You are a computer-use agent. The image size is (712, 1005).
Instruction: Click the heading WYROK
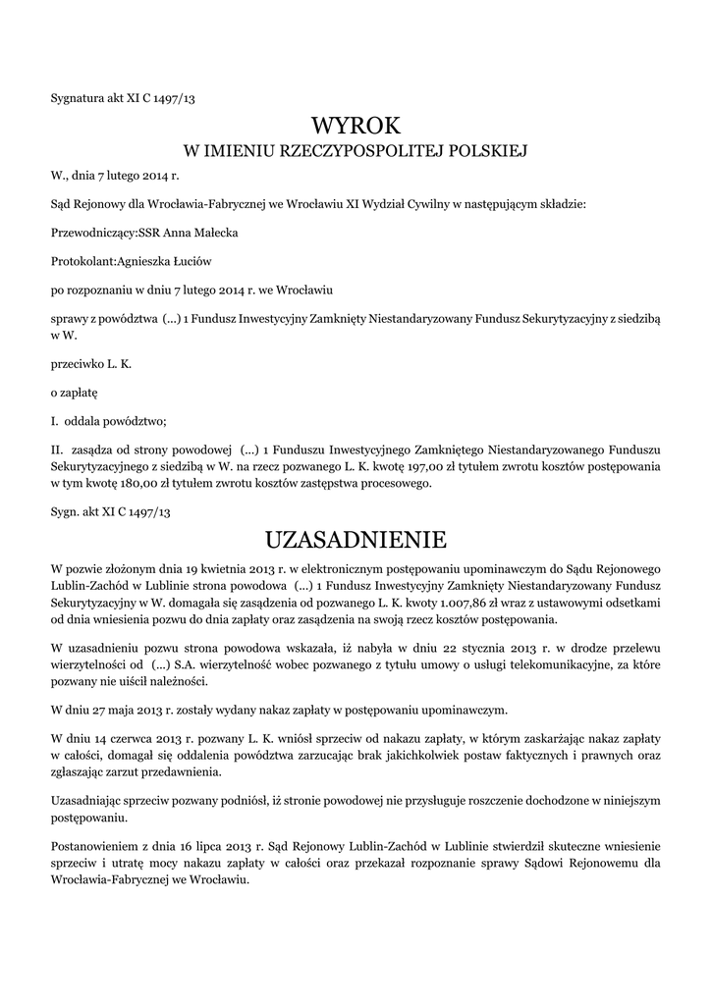click(356, 126)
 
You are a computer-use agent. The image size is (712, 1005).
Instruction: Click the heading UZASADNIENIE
click(356, 540)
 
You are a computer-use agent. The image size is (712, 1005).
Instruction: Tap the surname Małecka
click(212, 233)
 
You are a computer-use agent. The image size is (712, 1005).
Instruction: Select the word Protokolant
click(82, 261)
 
